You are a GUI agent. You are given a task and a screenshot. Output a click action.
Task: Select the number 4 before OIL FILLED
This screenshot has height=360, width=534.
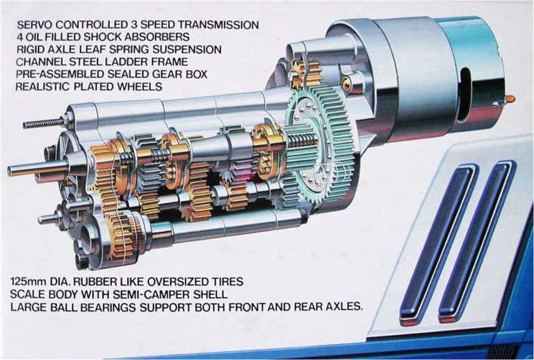[19, 37]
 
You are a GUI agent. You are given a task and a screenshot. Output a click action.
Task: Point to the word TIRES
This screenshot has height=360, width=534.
[226, 282]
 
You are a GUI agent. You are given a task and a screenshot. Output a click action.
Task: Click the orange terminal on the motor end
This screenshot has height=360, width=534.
[510, 99]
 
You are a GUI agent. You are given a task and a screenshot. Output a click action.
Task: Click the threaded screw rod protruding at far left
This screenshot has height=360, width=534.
[44, 122]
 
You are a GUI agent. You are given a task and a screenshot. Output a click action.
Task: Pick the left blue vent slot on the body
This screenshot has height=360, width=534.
[437, 243]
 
